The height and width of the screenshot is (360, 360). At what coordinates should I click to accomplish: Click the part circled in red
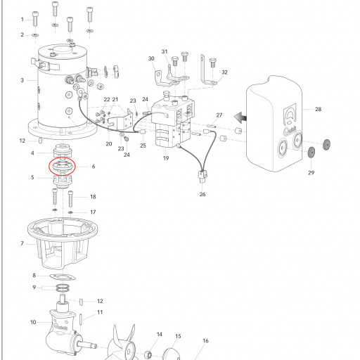62,166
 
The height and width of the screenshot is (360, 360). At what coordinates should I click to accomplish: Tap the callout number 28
318,109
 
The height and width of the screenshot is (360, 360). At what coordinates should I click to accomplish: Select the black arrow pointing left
240,117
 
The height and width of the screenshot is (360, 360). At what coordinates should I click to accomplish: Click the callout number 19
166,158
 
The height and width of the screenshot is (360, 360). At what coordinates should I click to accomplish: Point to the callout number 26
202,194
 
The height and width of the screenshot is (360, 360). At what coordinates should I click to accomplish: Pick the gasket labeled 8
63,277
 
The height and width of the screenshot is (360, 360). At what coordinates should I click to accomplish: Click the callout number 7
22,244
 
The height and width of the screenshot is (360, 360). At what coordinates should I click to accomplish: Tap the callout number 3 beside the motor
22,80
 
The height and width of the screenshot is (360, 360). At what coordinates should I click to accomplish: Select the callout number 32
224,72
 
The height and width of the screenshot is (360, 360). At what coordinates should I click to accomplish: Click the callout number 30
151,58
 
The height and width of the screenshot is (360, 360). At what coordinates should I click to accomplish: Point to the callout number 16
205,341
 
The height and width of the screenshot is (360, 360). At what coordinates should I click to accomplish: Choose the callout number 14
160,334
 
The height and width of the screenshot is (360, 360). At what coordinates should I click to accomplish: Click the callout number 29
311,173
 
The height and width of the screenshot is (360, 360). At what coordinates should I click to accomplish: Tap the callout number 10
33,322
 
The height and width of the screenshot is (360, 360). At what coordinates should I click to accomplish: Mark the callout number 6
94,167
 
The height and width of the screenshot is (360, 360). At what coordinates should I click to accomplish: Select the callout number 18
93,197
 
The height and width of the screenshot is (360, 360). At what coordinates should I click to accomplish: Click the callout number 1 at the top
22,20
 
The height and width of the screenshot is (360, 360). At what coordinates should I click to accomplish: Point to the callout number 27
219,115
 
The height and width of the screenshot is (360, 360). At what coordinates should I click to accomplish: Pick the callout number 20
109,144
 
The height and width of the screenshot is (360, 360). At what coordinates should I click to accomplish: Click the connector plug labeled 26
202,176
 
